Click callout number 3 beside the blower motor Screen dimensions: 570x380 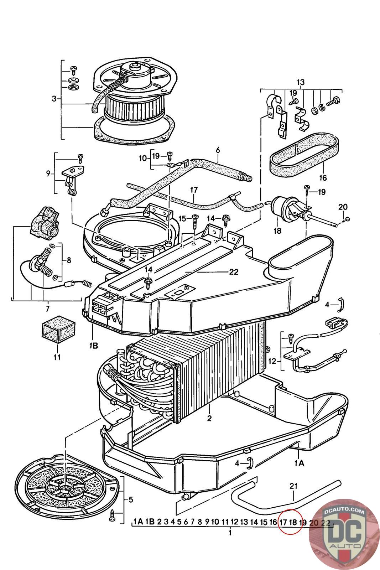[54, 99]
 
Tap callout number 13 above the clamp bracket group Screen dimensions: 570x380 [301, 83]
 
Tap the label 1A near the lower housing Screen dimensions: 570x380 [299, 463]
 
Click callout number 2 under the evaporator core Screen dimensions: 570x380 [209, 418]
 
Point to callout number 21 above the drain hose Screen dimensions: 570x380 [293, 486]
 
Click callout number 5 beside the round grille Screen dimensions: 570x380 [131, 500]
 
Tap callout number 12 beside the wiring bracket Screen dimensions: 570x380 [272, 361]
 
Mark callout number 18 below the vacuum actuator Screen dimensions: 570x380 [277, 231]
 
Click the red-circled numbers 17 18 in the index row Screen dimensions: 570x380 [288, 522]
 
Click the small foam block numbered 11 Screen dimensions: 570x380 [57, 332]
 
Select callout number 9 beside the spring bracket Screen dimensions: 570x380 [48, 174]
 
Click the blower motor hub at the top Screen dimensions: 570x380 [135, 66]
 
